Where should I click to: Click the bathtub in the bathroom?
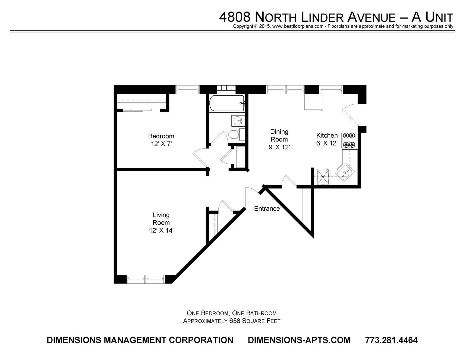[x=227, y=103]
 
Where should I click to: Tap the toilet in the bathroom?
[x=234, y=135]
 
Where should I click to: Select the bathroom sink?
[x=238, y=120]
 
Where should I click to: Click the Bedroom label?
[x=161, y=136]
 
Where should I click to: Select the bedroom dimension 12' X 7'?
[x=161, y=144]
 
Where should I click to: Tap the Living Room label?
[x=161, y=219]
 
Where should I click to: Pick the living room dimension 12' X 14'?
[x=161, y=230]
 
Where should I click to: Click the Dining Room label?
[x=279, y=135]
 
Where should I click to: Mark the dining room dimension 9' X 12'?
[x=279, y=147]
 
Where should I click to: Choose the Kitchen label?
[x=327, y=135]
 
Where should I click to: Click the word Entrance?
[x=267, y=209]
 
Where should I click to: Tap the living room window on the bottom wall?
[x=146, y=279]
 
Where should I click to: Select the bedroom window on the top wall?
[x=187, y=89]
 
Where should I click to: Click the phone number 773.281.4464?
[x=391, y=340]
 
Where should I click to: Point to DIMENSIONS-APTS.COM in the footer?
[x=299, y=340]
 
